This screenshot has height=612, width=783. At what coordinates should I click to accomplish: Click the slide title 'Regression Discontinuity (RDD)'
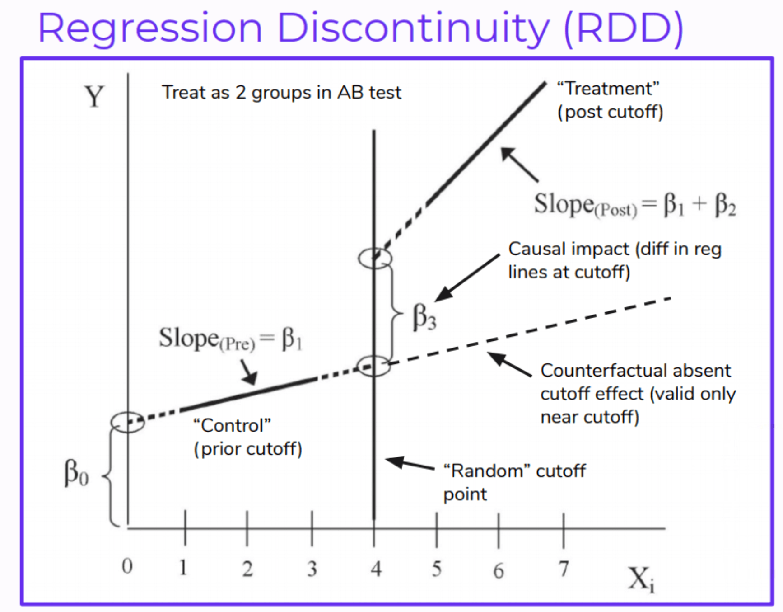(360, 28)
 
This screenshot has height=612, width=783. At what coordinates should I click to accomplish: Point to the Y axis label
(94, 96)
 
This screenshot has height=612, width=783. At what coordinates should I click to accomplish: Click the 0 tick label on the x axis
(127, 566)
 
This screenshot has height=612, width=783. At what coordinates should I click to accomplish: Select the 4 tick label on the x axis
(376, 569)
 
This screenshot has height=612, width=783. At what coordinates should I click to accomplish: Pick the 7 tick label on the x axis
(563, 569)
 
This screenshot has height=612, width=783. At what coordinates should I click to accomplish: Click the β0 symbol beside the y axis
(76, 473)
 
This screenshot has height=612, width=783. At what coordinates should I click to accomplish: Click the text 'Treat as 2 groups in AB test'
(281, 93)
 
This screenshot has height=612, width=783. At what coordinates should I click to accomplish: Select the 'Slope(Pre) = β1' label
(230, 339)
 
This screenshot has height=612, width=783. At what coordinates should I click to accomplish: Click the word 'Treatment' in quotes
(608, 89)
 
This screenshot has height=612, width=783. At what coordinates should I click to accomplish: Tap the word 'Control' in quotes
(232, 425)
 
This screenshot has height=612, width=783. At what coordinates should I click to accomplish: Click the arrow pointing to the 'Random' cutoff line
(409, 464)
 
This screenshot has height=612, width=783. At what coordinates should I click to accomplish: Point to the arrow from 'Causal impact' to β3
(467, 278)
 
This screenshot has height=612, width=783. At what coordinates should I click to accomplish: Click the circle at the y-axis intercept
(127, 423)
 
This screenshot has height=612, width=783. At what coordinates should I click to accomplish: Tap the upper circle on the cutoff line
(375, 258)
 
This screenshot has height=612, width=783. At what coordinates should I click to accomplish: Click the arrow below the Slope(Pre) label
(248, 372)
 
